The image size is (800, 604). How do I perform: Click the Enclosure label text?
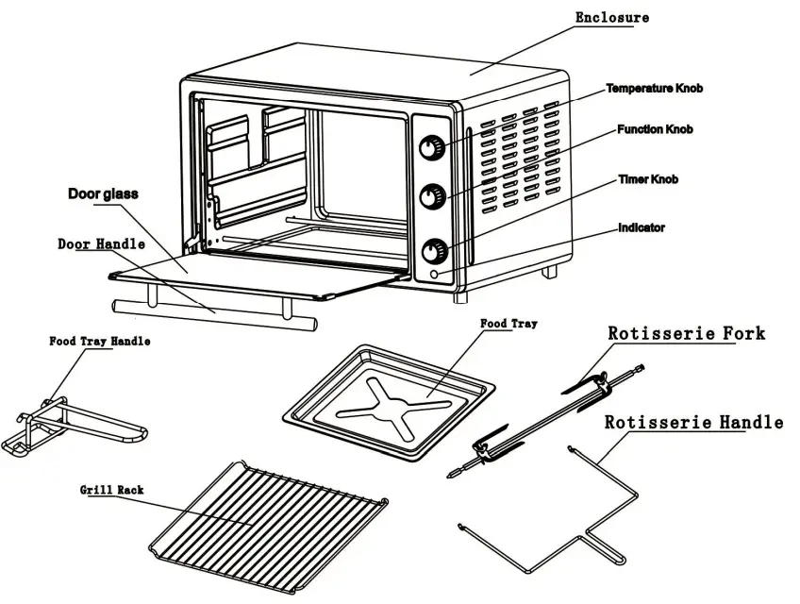point(612,18)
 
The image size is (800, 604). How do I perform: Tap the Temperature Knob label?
point(654,89)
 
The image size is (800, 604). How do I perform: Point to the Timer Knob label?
point(648,179)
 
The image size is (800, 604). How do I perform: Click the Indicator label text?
point(642,227)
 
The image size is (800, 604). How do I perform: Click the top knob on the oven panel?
point(431,148)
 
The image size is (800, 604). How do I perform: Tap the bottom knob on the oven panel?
point(434,252)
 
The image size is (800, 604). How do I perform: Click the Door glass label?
point(103,194)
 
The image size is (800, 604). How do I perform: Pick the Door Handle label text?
point(102,243)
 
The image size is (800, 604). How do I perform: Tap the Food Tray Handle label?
point(100,342)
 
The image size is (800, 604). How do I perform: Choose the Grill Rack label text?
point(112,490)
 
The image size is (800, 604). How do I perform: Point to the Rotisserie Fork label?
point(686,334)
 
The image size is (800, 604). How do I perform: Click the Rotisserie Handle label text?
point(692,423)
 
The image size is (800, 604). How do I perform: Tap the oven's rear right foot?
point(548,272)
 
